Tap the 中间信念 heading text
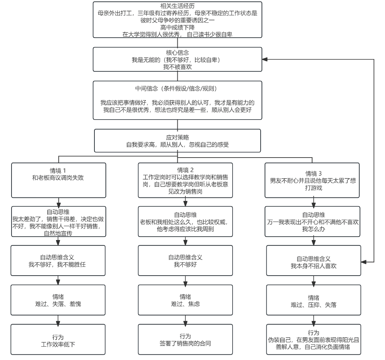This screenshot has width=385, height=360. pos(177,89)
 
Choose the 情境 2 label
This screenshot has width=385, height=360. pos(185,170)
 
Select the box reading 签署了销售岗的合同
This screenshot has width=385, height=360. pos(185,339)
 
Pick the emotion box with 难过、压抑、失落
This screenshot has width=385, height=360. pos(314,300)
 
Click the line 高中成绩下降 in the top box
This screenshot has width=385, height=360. pos(177,28)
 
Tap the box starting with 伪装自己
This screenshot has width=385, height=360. pos(314,339)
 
